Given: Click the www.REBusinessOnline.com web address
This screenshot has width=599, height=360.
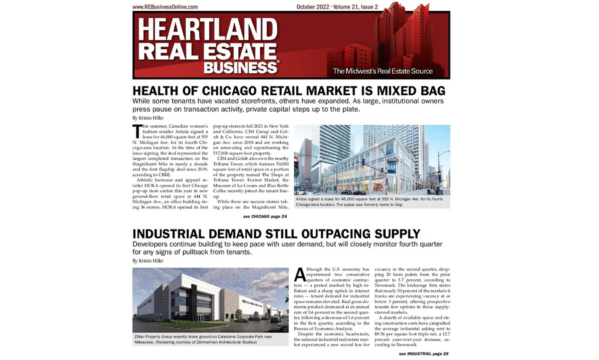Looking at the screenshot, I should (x=165, y=7).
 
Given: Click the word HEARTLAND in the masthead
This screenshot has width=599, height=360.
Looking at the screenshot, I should (x=208, y=30).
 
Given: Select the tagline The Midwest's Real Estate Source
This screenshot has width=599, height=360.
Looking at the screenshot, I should (x=383, y=71).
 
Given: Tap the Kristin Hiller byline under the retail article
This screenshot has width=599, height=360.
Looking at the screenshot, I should (x=148, y=117).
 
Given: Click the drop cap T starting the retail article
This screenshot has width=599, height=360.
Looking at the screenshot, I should (x=137, y=130).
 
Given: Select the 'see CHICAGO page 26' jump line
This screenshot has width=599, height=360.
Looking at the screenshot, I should (x=265, y=216).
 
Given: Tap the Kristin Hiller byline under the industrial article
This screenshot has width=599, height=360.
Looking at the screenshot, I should (x=148, y=260).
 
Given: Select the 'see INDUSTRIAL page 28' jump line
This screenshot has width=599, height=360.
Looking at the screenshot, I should (x=423, y=354).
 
